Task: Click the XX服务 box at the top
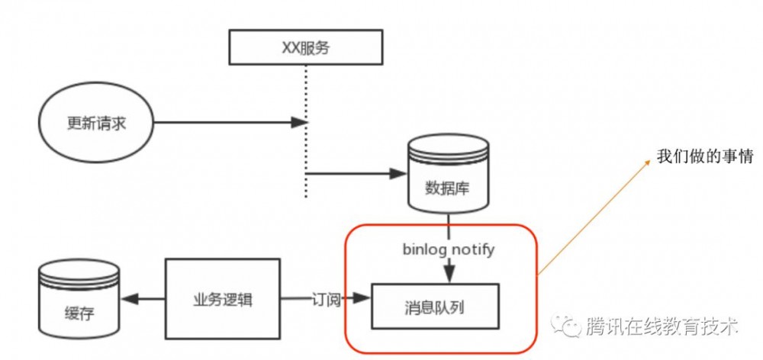point(305,47)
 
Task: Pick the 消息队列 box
point(434,306)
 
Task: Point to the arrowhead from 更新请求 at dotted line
point(299,122)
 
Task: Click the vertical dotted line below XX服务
point(306,153)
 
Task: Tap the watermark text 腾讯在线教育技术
point(662,326)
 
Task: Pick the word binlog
point(423,249)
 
